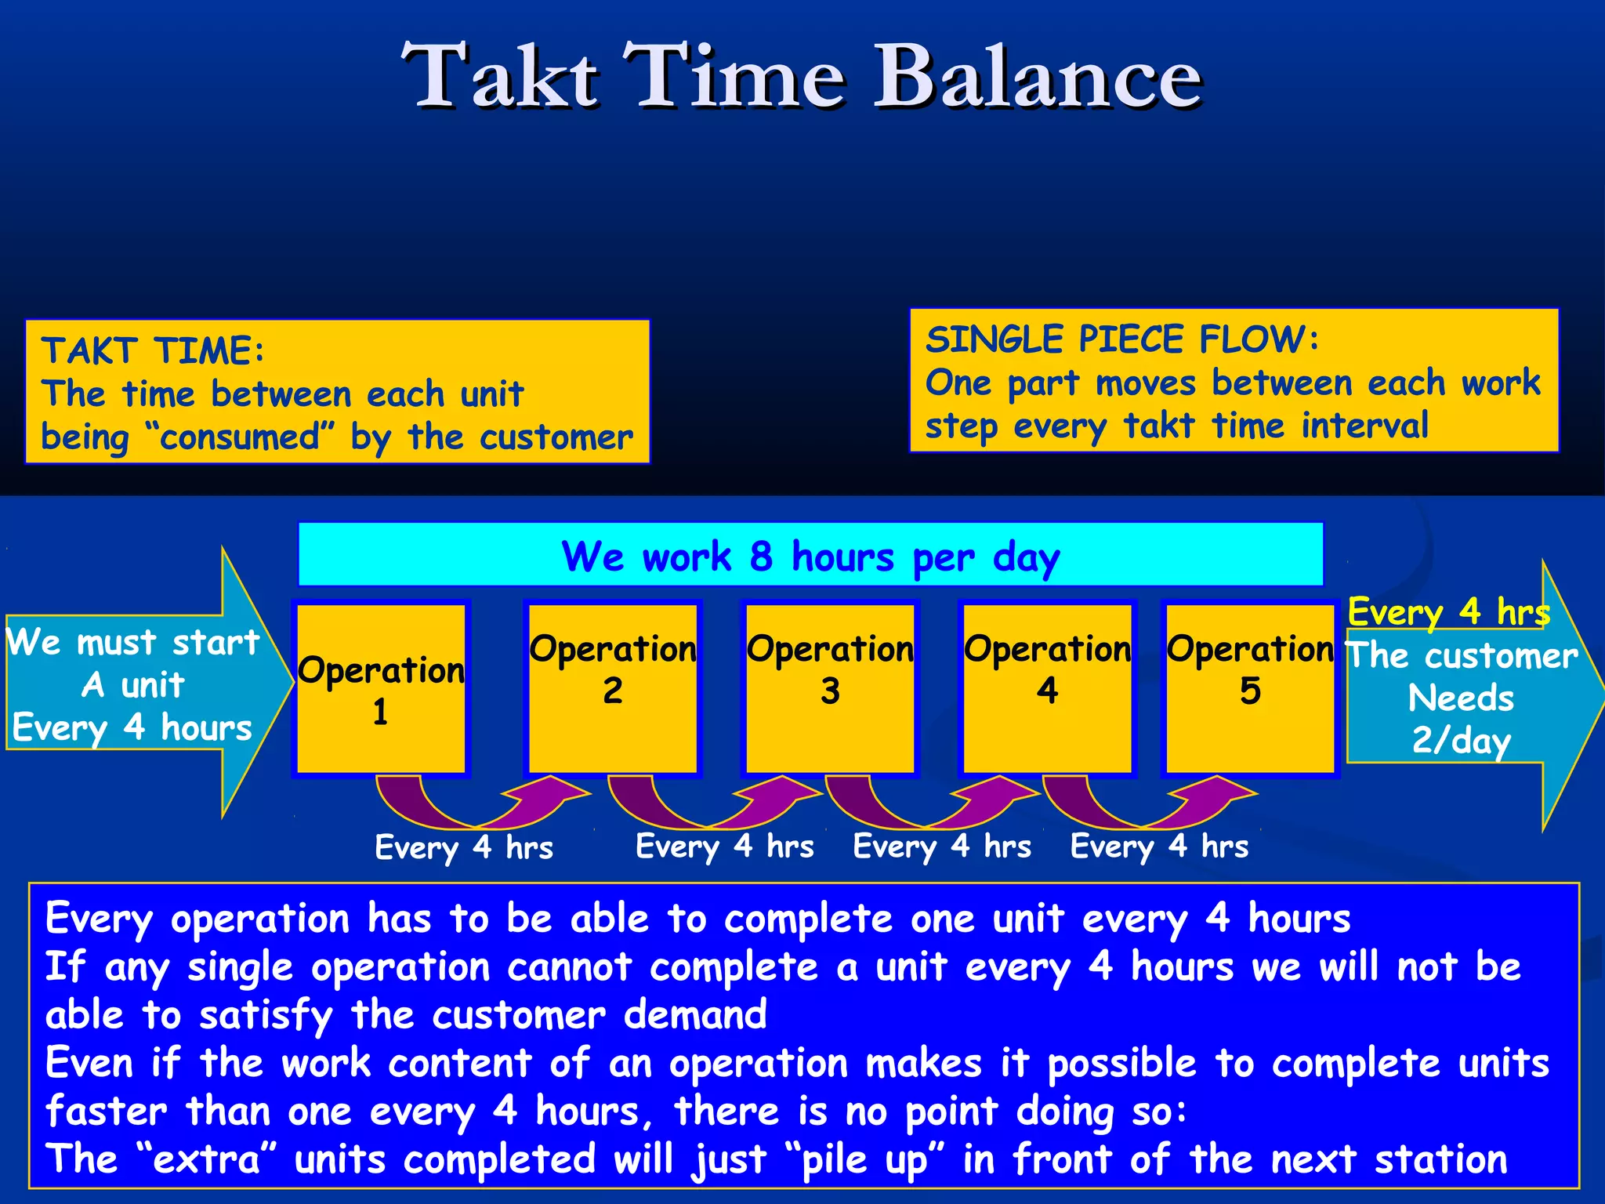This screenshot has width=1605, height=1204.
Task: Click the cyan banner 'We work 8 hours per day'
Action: (810, 555)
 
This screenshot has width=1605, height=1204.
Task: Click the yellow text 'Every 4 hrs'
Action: (1448, 611)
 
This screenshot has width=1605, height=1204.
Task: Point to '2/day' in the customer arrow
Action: (1461, 740)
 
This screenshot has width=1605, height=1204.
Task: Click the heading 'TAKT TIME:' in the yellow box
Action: (153, 350)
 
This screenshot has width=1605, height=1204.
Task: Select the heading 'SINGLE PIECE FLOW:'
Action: (1121, 339)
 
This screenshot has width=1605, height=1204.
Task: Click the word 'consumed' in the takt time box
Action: (240, 437)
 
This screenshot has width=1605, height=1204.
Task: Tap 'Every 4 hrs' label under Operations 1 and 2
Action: (464, 847)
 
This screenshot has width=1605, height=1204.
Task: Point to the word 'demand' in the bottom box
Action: (695, 1014)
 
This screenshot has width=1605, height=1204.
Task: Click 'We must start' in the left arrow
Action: (133, 642)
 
